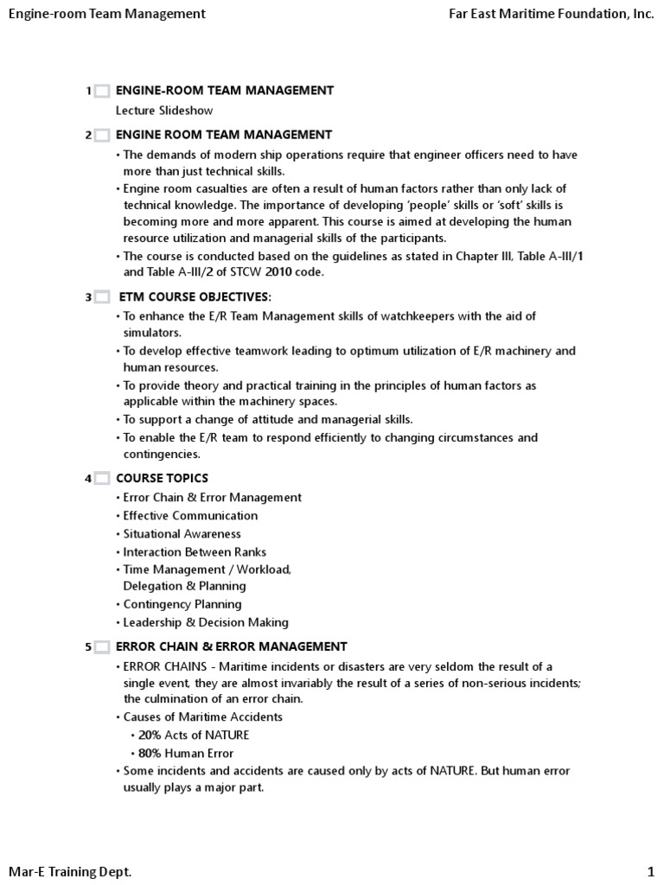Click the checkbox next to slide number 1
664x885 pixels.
point(101,91)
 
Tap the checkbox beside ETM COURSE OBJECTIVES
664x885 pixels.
point(101,297)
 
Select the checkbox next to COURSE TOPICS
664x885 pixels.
point(101,479)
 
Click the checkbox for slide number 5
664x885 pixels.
point(101,646)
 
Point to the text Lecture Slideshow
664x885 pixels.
point(164,111)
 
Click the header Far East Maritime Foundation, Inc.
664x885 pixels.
point(552,14)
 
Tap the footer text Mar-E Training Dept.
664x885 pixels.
point(70,872)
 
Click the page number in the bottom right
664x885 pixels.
point(650,872)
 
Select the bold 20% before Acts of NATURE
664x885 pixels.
point(150,735)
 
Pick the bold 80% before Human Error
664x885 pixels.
point(150,753)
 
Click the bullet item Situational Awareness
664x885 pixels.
point(182,534)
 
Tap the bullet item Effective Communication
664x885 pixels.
point(190,516)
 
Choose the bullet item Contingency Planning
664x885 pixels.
point(182,604)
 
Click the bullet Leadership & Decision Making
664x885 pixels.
point(206,622)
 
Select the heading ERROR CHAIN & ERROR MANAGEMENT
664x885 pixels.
point(232,646)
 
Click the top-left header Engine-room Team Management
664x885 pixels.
point(107,14)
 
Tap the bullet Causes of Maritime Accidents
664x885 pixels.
point(202,716)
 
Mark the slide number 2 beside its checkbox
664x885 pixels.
point(88,136)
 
